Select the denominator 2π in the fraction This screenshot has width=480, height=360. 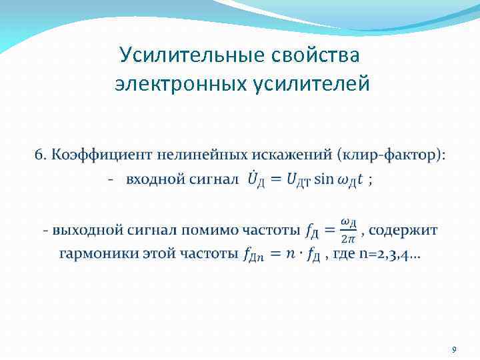[x=347, y=238]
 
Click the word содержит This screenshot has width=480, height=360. [x=403, y=230]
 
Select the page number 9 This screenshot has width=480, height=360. [x=454, y=349]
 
